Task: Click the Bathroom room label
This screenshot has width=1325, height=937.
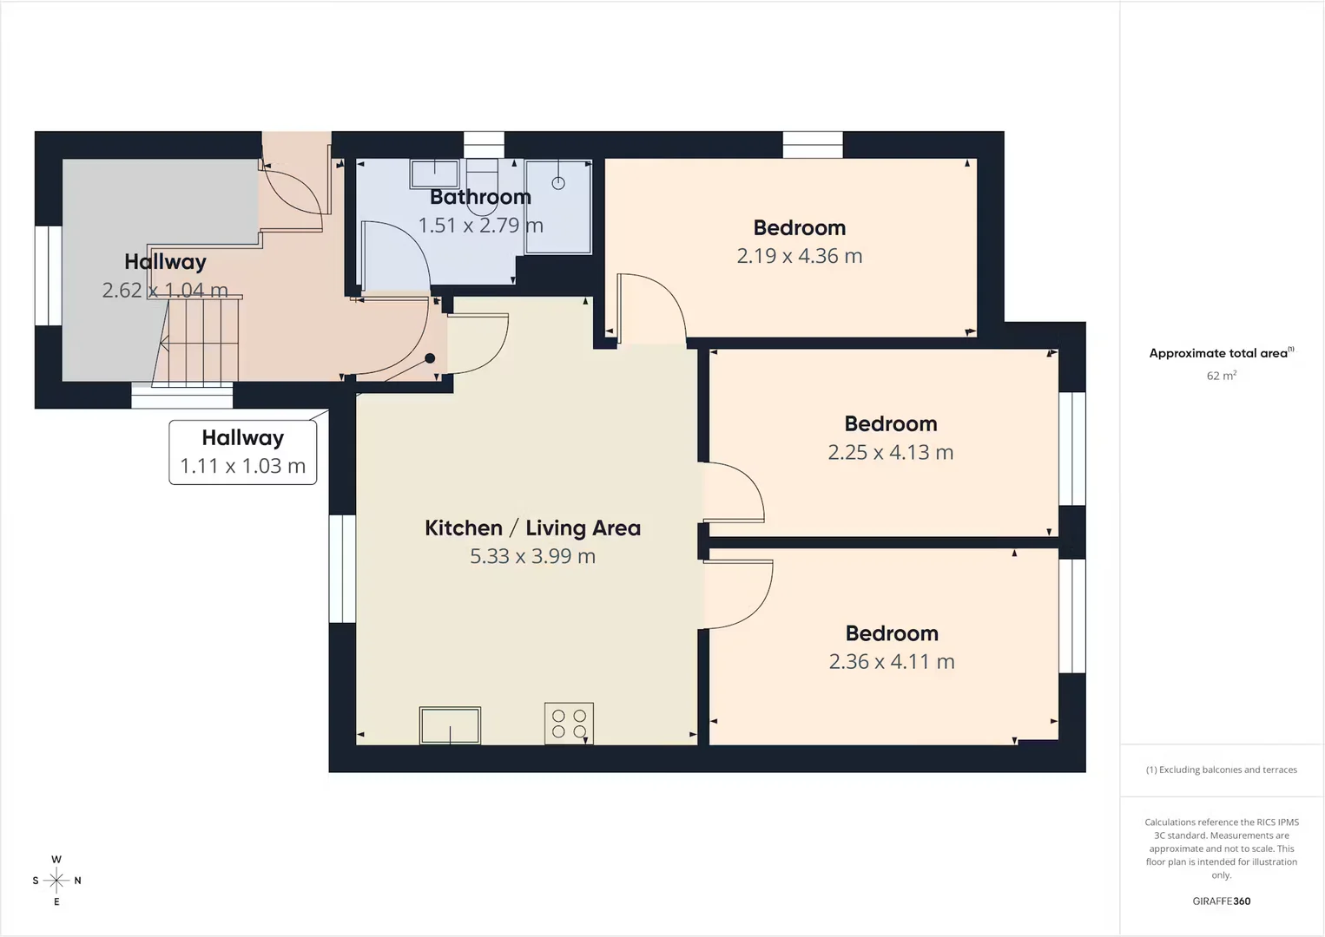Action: [x=480, y=197]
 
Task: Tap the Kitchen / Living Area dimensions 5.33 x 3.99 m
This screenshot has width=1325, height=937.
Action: [x=532, y=556]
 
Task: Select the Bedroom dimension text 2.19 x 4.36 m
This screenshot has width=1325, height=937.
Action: [x=799, y=256]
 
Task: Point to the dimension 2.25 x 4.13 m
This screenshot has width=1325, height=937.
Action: [x=890, y=452]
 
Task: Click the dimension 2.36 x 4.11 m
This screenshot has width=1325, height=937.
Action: [x=892, y=661]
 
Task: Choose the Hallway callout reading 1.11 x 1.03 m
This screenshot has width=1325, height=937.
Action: [x=242, y=452]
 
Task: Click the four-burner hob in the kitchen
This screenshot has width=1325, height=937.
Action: [x=569, y=724]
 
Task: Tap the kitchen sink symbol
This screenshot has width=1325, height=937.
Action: [x=450, y=725]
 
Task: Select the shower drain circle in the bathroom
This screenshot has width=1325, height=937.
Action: [x=557, y=183]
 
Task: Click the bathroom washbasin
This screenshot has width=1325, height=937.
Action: [x=435, y=174]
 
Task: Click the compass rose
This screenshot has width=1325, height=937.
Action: [x=56, y=881]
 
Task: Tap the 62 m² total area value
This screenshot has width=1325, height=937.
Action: [x=1222, y=376]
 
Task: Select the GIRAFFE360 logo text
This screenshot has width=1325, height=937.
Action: [x=1222, y=901]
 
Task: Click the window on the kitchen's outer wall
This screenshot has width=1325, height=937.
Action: [x=342, y=568]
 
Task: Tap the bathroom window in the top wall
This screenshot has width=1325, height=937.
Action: [x=484, y=145]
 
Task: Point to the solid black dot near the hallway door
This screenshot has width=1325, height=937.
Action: [x=430, y=358]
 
